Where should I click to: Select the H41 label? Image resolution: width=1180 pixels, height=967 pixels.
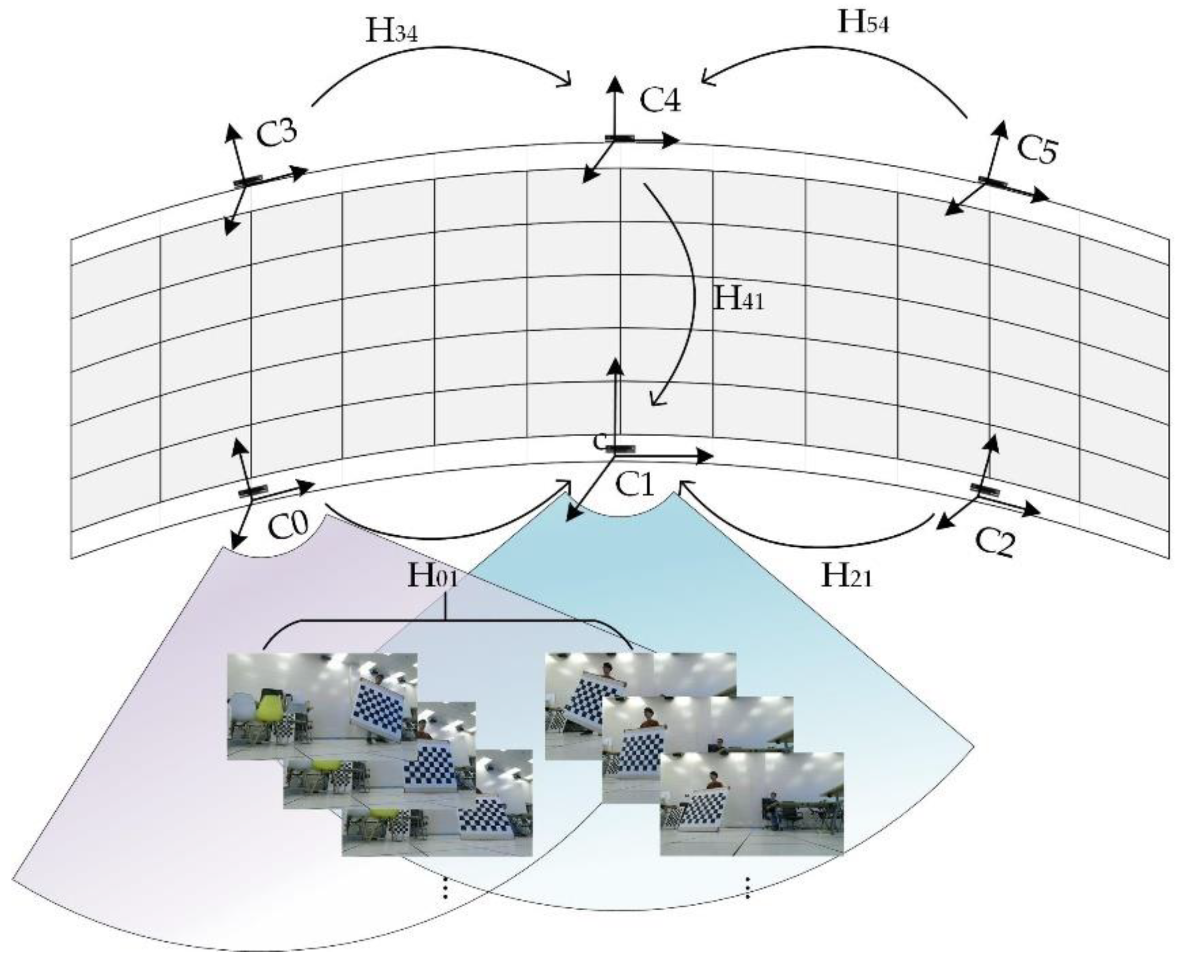[x=738, y=299]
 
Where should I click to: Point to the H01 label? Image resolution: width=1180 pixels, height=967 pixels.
[x=433, y=576]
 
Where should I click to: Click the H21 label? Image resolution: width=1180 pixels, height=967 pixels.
[x=846, y=577]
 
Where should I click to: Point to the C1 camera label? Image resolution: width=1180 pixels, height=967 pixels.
[x=634, y=484]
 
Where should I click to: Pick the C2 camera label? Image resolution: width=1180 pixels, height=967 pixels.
[x=995, y=541]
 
